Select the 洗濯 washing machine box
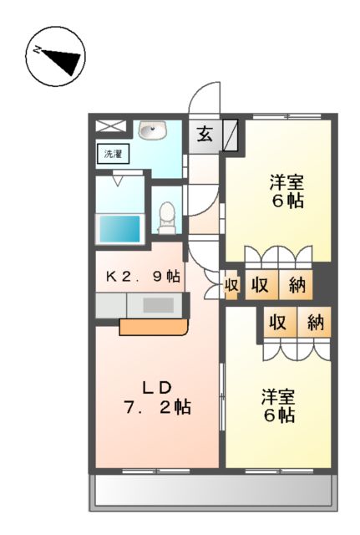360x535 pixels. click(111, 154)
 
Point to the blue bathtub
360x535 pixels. click(120, 228)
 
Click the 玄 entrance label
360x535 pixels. click(204, 133)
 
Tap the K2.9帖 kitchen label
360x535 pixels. click(141, 277)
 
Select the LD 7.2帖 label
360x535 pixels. click(155, 397)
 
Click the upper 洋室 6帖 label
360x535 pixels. click(285, 191)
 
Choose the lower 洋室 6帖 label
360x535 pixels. click(276, 405)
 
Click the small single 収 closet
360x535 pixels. click(231, 286)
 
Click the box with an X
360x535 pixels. click(110, 127)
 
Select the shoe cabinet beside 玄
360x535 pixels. click(231, 134)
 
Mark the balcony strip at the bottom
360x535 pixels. click(213, 492)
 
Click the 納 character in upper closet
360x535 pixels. click(297, 285)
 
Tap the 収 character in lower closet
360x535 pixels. click(277, 321)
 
